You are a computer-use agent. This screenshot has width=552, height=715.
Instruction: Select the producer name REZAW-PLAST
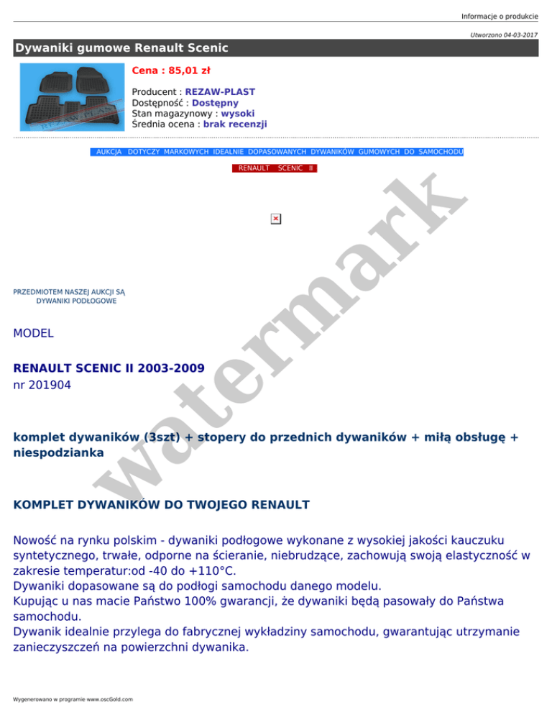point(220,92)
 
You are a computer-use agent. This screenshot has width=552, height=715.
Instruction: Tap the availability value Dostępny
point(215,103)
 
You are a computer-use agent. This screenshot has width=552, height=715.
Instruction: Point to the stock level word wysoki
point(238,114)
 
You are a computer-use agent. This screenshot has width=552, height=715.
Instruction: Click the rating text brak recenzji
point(235,124)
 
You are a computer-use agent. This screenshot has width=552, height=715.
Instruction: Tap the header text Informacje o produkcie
point(500,7)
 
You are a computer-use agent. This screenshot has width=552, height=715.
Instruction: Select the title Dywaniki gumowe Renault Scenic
point(121,48)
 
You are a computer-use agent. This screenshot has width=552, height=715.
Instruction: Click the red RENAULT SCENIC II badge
point(274,168)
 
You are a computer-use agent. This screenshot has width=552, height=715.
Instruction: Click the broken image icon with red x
point(275,219)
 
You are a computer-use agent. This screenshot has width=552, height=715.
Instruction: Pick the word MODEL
point(33,333)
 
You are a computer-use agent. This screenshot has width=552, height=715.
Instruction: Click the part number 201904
point(50,386)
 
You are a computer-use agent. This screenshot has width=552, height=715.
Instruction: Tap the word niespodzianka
point(58,452)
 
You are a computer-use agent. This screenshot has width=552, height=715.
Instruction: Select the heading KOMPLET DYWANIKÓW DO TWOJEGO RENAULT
point(162,504)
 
